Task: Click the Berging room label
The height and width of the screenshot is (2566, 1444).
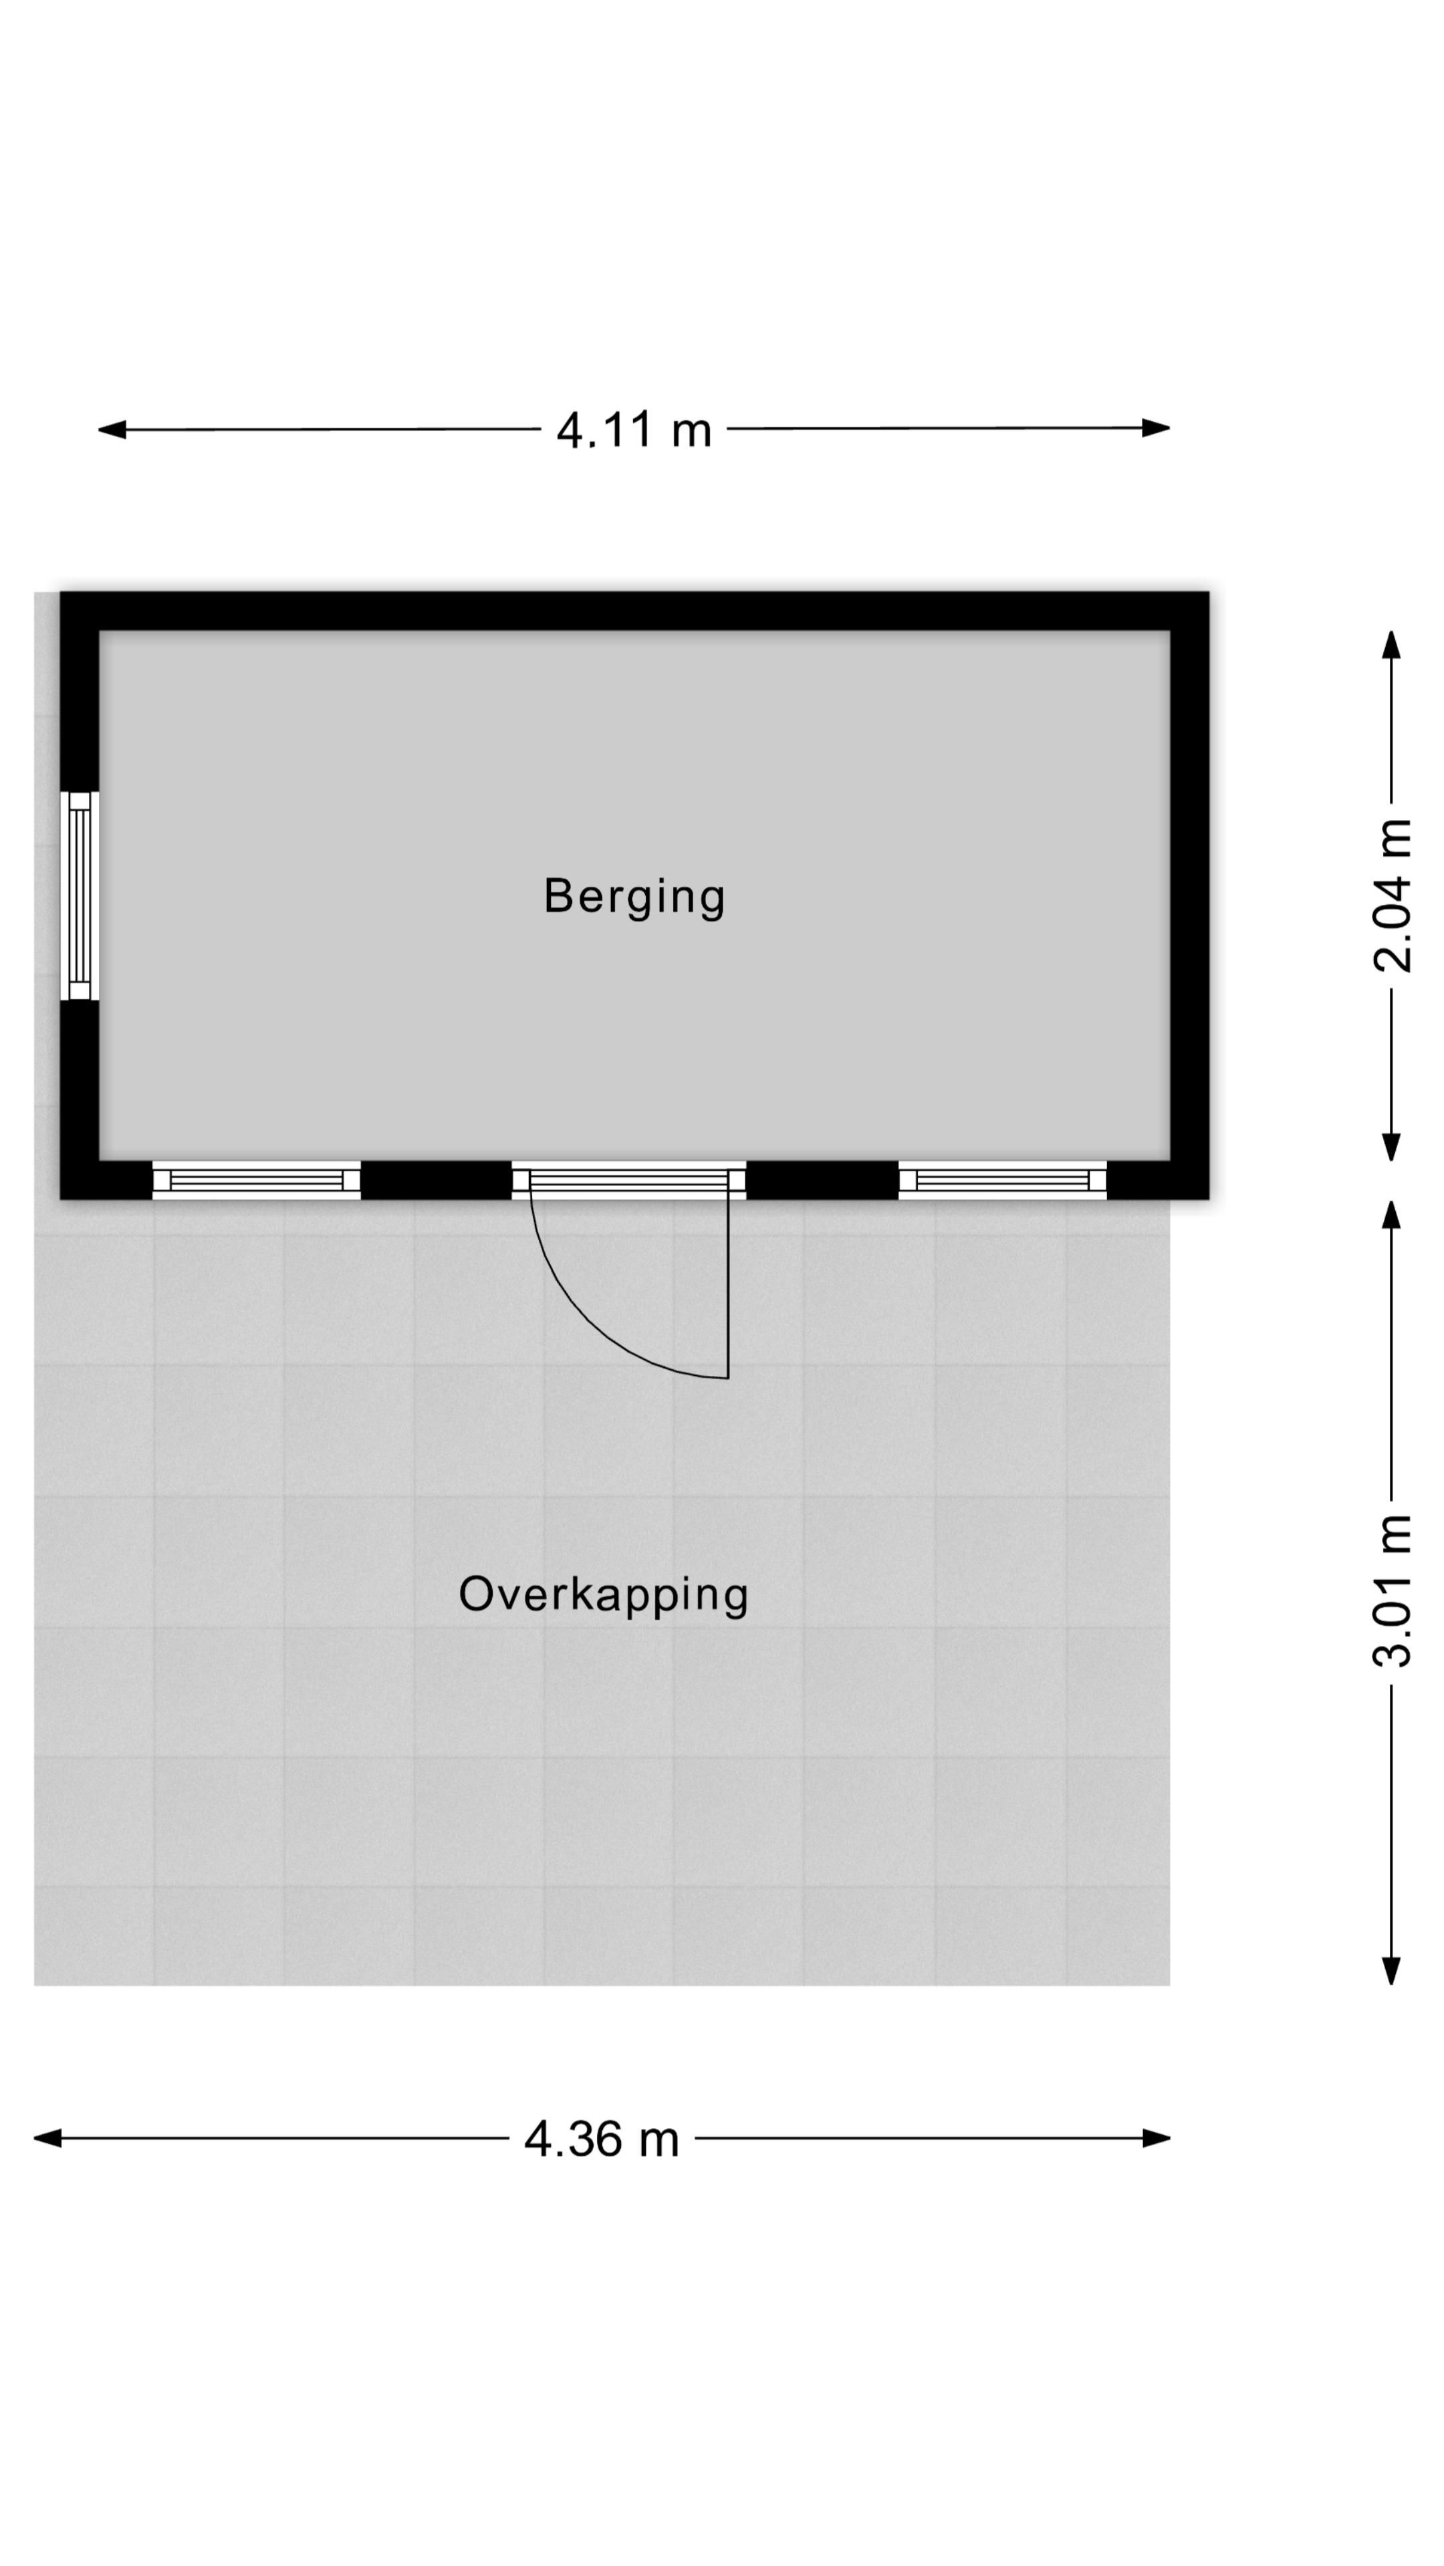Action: [x=634, y=897]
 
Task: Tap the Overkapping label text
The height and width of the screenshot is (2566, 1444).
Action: [x=603, y=1595]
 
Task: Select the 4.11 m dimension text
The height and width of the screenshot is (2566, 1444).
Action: [x=634, y=430]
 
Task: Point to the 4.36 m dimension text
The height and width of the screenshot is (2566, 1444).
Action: [x=602, y=2138]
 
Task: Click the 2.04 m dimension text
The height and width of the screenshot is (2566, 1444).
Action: [x=1392, y=895]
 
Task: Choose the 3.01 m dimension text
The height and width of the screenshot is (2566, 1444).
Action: [x=1392, y=1591]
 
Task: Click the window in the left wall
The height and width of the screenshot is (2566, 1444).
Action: [x=80, y=895]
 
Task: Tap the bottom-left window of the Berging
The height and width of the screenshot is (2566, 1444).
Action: [x=256, y=1180]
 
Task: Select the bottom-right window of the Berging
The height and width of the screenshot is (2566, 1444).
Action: [x=1003, y=1180]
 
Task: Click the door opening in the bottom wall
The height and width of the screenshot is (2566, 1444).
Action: [x=629, y=1180]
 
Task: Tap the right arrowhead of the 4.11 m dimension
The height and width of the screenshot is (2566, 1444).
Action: [x=1156, y=428]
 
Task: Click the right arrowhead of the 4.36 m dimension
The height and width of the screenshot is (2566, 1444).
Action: [x=1156, y=2138]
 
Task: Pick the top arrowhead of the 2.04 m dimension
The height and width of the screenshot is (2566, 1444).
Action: [x=1392, y=644]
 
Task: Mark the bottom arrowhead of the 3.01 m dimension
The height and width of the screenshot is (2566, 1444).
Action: [x=1392, y=1971]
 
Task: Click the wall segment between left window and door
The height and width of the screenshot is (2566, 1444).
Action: [x=437, y=1180]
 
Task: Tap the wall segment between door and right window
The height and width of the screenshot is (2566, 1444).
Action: [x=822, y=1180]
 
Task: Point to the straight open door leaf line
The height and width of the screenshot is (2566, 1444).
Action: [x=729, y=1286]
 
